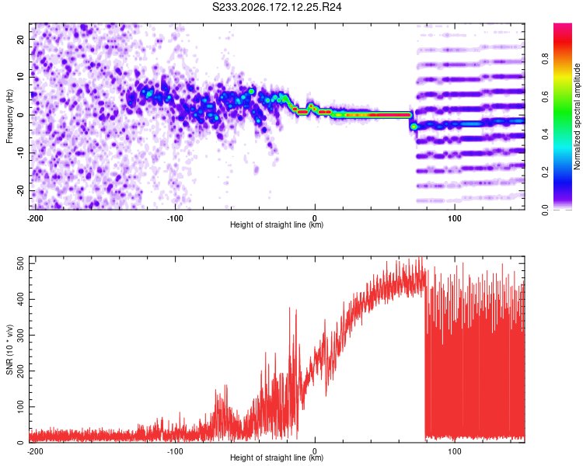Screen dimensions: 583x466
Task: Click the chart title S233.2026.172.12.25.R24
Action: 277,7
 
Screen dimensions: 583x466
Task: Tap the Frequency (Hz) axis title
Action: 9,116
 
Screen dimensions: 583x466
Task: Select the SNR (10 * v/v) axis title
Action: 9,349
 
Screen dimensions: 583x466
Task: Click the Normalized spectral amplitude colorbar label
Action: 577,116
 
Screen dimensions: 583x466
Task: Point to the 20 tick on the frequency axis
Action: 20,39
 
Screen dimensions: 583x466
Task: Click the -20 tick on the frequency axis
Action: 20,190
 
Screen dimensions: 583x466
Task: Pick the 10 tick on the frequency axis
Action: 20,77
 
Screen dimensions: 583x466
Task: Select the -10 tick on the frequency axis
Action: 20,153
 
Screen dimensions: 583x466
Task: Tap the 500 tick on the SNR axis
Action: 20,263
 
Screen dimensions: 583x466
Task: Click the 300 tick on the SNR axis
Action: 20,336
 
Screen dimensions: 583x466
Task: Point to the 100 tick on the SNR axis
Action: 20,406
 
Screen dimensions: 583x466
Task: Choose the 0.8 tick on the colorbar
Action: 545,58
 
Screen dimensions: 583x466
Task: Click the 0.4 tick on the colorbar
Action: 545,134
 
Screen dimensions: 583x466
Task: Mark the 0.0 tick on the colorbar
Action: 545,210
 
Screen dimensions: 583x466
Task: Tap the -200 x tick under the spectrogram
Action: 35,218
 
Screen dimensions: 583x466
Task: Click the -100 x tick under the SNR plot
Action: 175,451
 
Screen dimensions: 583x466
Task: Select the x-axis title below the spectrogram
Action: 277,224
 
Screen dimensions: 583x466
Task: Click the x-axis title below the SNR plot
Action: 277,457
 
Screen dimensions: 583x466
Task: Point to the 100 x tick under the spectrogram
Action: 455,218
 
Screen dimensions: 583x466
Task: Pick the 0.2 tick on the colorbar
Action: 545,172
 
